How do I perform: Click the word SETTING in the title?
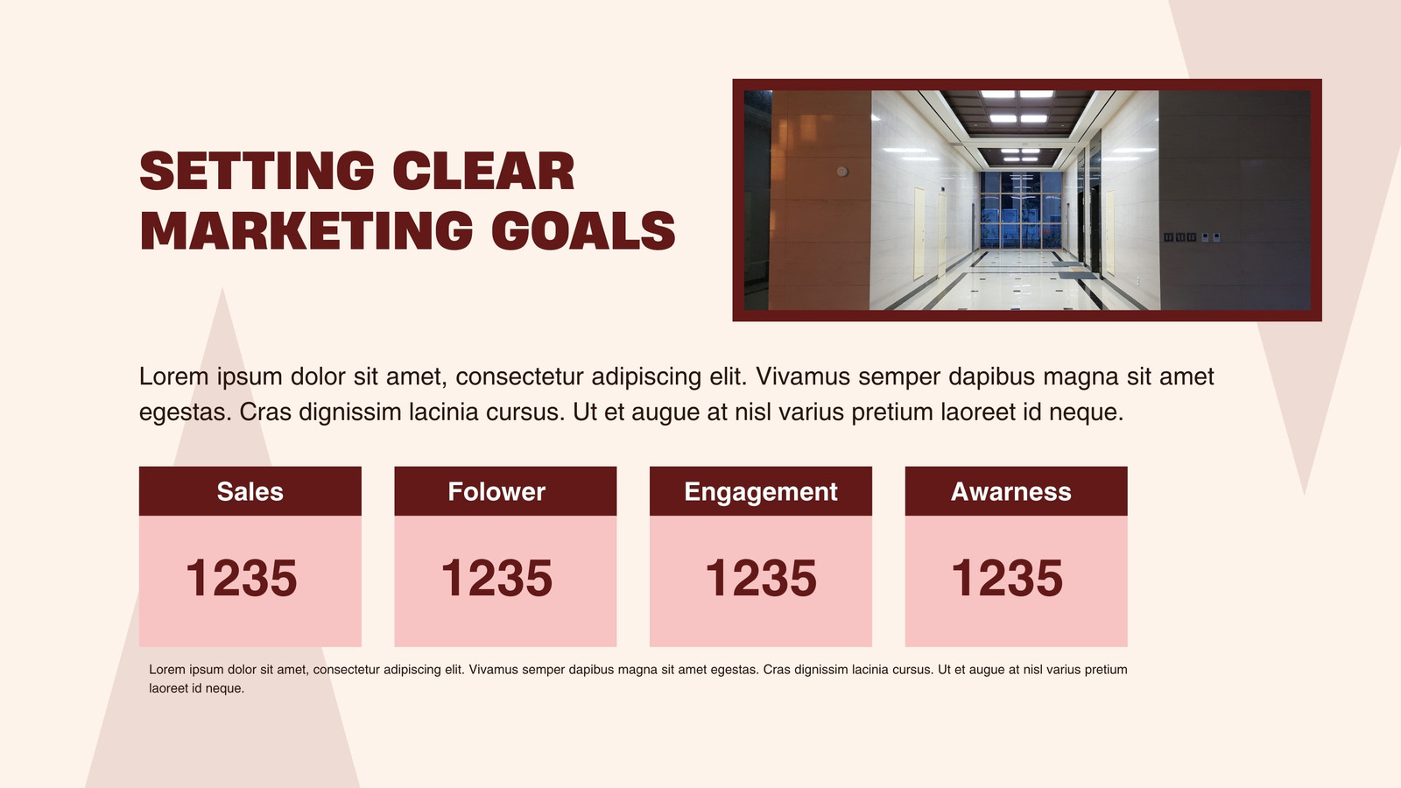[x=257, y=171]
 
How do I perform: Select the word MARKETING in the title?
[x=306, y=230]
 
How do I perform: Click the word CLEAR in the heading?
[x=483, y=171]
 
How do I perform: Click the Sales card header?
[x=250, y=491]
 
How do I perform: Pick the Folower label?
[x=496, y=491]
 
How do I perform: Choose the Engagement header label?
[x=761, y=492]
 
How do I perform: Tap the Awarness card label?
[x=1010, y=491]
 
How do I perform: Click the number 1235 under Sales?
[x=242, y=578]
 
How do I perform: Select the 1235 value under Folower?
[x=496, y=578]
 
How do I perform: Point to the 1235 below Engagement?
[x=761, y=578]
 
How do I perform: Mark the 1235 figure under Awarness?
[x=1007, y=578]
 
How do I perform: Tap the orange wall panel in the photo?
[x=820, y=201]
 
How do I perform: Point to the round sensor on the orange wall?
[x=842, y=172]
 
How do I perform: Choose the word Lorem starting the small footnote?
[x=167, y=670]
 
